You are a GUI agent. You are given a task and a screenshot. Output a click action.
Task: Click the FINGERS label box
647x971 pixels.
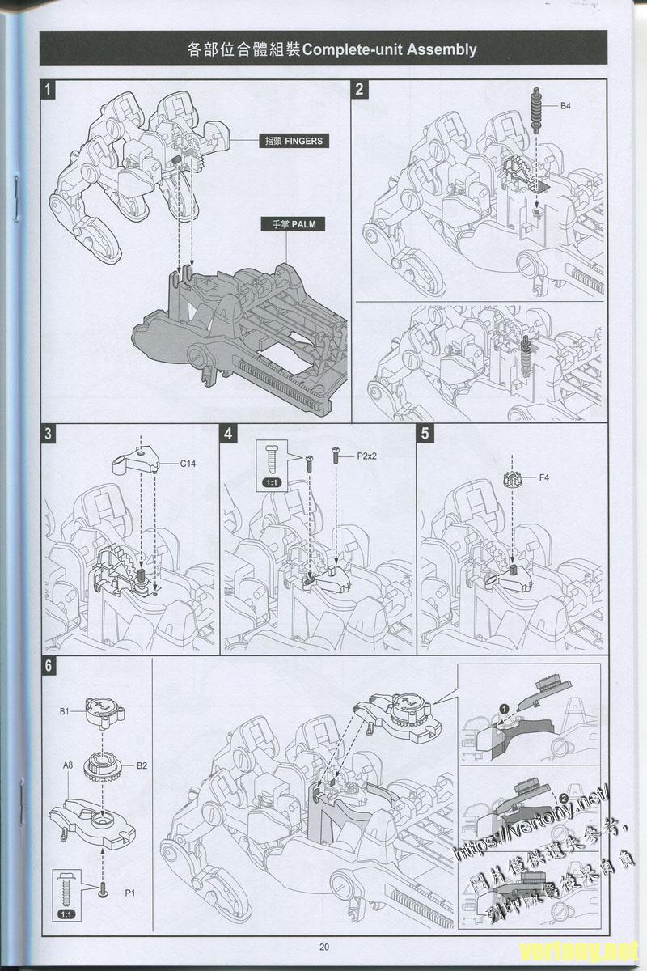[x=293, y=141]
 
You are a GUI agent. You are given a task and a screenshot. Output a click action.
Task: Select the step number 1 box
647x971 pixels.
[x=49, y=90]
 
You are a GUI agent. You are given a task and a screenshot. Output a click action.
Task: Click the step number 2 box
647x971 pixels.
[x=360, y=90]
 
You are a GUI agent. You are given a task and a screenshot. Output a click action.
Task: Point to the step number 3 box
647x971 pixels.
[x=49, y=434]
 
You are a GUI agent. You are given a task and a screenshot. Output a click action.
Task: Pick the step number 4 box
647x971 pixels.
[x=230, y=434]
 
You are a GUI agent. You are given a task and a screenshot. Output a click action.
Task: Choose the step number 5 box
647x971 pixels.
[x=426, y=434]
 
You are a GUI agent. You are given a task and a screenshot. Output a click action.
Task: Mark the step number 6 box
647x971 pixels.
[x=49, y=667]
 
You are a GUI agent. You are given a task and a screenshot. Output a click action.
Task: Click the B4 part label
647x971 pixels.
[x=566, y=106]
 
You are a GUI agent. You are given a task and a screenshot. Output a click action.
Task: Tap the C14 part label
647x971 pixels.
[x=188, y=464]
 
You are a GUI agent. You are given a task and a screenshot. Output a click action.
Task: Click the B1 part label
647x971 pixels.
[x=65, y=711]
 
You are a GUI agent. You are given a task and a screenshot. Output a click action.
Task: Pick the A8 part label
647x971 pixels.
[x=69, y=763]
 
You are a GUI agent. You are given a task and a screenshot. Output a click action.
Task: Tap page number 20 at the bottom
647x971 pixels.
[x=323, y=948]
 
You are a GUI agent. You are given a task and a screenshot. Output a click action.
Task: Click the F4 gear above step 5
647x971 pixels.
[x=510, y=478]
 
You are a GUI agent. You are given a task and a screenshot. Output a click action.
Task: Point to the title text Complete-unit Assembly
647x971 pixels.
[x=388, y=49]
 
